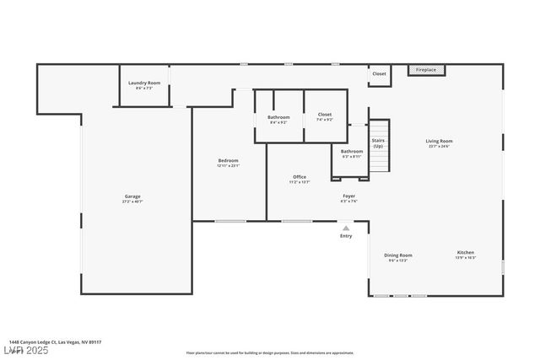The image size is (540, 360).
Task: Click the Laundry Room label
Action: coord(144,83)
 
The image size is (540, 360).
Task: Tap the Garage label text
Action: coord(132,196)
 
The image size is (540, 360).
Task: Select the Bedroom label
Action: coord(229,160)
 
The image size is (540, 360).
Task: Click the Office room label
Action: coord(300,177)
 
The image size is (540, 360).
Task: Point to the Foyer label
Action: coord(348,196)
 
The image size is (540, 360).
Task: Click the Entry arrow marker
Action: coord(346,228)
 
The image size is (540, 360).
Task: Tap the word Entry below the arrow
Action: coord(346,236)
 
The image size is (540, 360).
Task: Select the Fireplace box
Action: coord(427,70)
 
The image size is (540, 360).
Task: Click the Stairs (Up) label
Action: coord(378,143)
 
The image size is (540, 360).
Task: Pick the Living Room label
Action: coord(439,141)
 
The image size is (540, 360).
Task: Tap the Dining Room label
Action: coord(398,255)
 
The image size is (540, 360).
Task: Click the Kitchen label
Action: coord(466,252)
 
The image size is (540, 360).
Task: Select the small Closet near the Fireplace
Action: coord(379,74)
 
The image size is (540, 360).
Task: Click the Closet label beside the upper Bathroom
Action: coord(325,114)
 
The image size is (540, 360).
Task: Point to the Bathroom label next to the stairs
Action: coord(352,152)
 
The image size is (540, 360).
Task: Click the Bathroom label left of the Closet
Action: coord(278,117)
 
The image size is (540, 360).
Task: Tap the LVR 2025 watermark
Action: coord(25,350)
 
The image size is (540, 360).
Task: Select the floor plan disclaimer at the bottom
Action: coord(270,353)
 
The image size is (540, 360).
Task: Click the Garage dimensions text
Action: coord(132,201)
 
